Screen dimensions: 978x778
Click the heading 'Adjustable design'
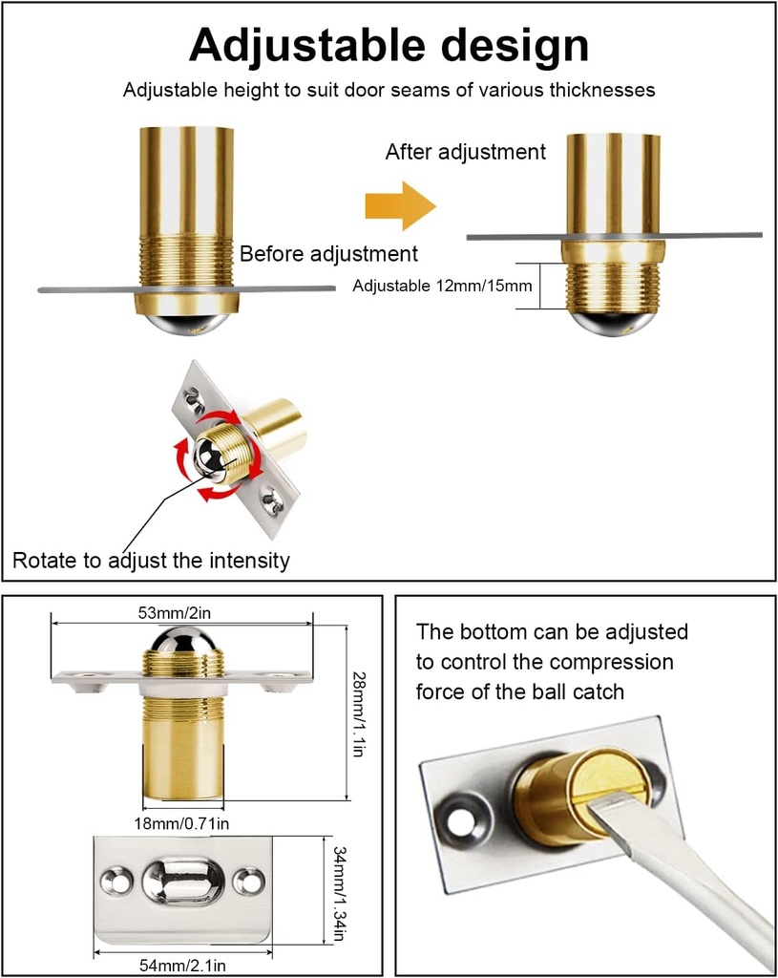[x=389, y=46]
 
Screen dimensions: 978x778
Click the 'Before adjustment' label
[x=328, y=254]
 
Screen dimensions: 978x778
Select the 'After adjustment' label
[x=465, y=152]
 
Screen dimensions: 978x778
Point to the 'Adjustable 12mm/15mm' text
[x=441, y=286]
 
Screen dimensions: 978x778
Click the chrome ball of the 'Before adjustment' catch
[x=187, y=322]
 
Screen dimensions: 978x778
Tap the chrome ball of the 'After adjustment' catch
[x=612, y=321]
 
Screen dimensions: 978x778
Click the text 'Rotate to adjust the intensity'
[x=151, y=560]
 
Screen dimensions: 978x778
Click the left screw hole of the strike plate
[x=117, y=881]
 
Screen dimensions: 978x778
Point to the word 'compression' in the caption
[x=612, y=662]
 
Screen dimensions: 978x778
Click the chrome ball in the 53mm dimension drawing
[x=181, y=645]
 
